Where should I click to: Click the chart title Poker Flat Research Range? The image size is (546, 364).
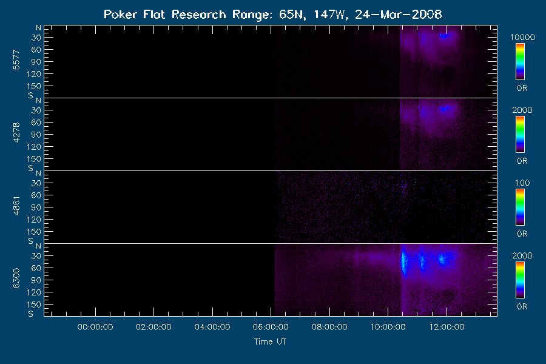(x=164, y=15)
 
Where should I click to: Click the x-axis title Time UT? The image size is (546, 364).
(x=270, y=342)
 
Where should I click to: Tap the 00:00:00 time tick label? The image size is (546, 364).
(x=95, y=327)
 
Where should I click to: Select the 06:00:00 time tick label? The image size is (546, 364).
(x=271, y=327)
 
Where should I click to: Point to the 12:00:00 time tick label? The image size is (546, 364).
(x=447, y=327)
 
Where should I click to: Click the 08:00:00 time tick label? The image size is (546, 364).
(x=329, y=327)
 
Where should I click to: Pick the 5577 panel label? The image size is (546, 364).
(x=16, y=60)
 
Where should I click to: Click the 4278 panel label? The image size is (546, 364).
(x=16, y=133)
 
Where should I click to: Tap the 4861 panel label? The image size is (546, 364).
(x=16, y=206)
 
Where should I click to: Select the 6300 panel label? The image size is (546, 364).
(x=16, y=278)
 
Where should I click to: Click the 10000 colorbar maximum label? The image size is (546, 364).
(x=522, y=37)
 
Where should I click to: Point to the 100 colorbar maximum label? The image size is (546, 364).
(x=522, y=183)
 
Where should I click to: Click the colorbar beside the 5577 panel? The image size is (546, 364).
(x=521, y=62)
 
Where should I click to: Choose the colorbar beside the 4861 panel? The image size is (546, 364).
(x=521, y=207)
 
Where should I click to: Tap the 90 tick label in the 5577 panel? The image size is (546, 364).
(x=36, y=62)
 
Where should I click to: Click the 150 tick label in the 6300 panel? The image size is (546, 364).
(x=34, y=305)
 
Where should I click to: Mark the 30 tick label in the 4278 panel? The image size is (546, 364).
(x=36, y=110)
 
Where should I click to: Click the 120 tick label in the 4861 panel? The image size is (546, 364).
(x=34, y=220)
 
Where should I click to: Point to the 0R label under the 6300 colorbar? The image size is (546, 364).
(x=522, y=306)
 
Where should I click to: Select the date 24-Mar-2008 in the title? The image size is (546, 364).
(x=399, y=15)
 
